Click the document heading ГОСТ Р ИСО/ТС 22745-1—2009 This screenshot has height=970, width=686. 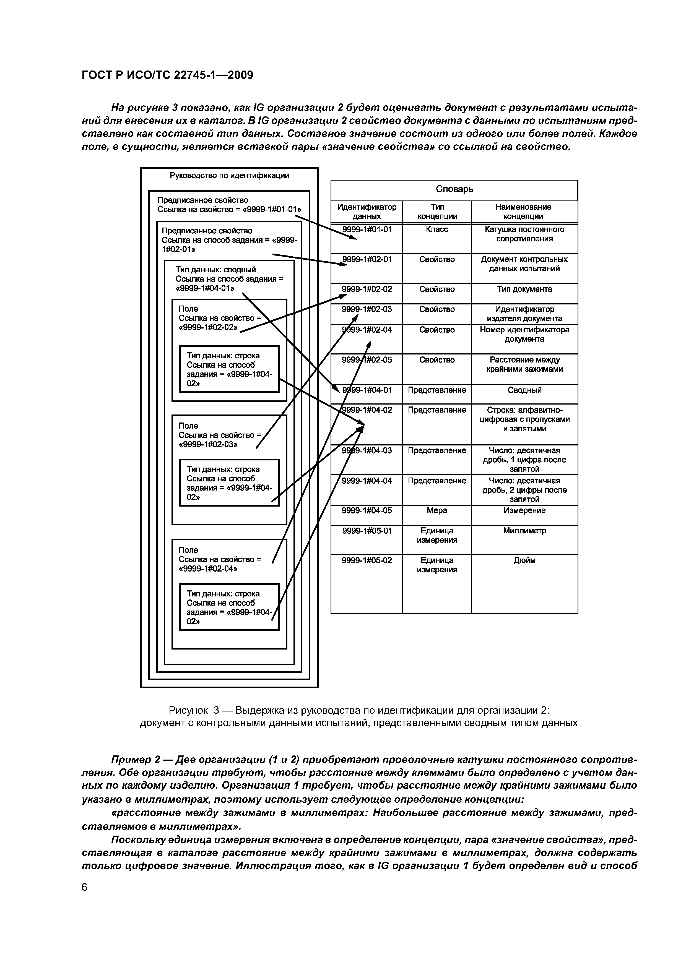167,75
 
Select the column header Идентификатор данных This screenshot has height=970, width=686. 367,212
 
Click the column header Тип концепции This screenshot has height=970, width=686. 437,212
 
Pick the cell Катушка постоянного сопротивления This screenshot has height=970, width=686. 524,234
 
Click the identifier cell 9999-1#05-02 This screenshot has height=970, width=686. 367,560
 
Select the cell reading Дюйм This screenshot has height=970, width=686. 524,560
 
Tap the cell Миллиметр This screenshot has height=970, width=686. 524,531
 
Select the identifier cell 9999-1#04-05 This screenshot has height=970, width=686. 367,511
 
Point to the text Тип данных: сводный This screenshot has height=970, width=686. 215,270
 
